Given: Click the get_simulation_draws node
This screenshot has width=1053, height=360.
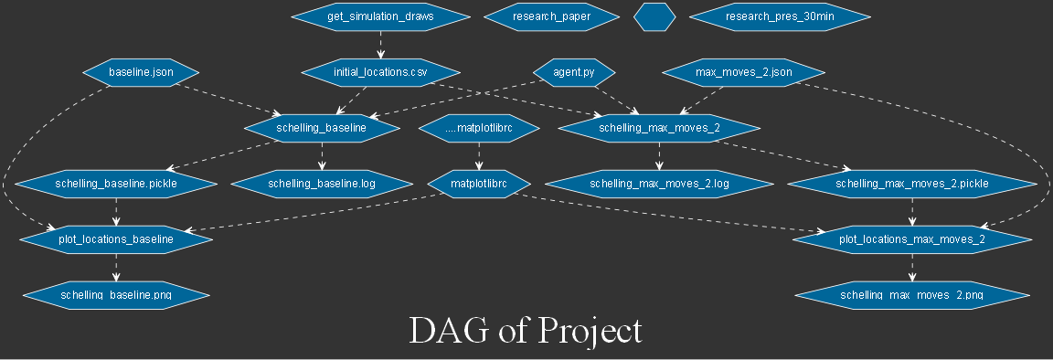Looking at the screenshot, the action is (x=380, y=16).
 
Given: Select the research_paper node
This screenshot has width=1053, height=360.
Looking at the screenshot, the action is (x=551, y=16).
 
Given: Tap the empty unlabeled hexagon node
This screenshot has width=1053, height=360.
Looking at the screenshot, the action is (x=654, y=16).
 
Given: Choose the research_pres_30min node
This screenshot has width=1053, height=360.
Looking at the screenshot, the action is (x=779, y=16).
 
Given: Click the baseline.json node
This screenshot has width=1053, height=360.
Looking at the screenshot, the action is (x=141, y=71).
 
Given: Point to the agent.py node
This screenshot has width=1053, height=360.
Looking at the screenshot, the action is (x=573, y=71).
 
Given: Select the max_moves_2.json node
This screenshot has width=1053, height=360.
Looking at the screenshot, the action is (x=743, y=71).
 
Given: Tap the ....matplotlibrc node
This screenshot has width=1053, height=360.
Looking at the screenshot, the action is (x=478, y=129).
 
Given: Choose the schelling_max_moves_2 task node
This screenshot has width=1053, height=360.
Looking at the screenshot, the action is (x=659, y=128).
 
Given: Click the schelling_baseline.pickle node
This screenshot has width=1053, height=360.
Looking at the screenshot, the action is (x=116, y=184).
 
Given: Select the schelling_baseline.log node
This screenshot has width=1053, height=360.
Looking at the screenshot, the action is (x=322, y=184).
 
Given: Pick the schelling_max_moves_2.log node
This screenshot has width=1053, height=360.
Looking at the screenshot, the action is (x=659, y=184).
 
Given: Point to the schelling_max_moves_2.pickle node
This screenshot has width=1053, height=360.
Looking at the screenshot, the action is (x=912, y=184).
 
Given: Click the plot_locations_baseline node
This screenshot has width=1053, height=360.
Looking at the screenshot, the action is (x=116, y=240).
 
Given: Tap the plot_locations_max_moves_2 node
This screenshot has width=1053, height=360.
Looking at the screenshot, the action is (x=912, y=240).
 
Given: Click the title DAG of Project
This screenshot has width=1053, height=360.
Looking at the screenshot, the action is (x=526, y=331).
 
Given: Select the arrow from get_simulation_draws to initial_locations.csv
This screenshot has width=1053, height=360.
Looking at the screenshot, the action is (x=380, y=43).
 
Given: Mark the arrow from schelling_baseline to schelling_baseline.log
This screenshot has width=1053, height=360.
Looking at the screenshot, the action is (x=322, y=156).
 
